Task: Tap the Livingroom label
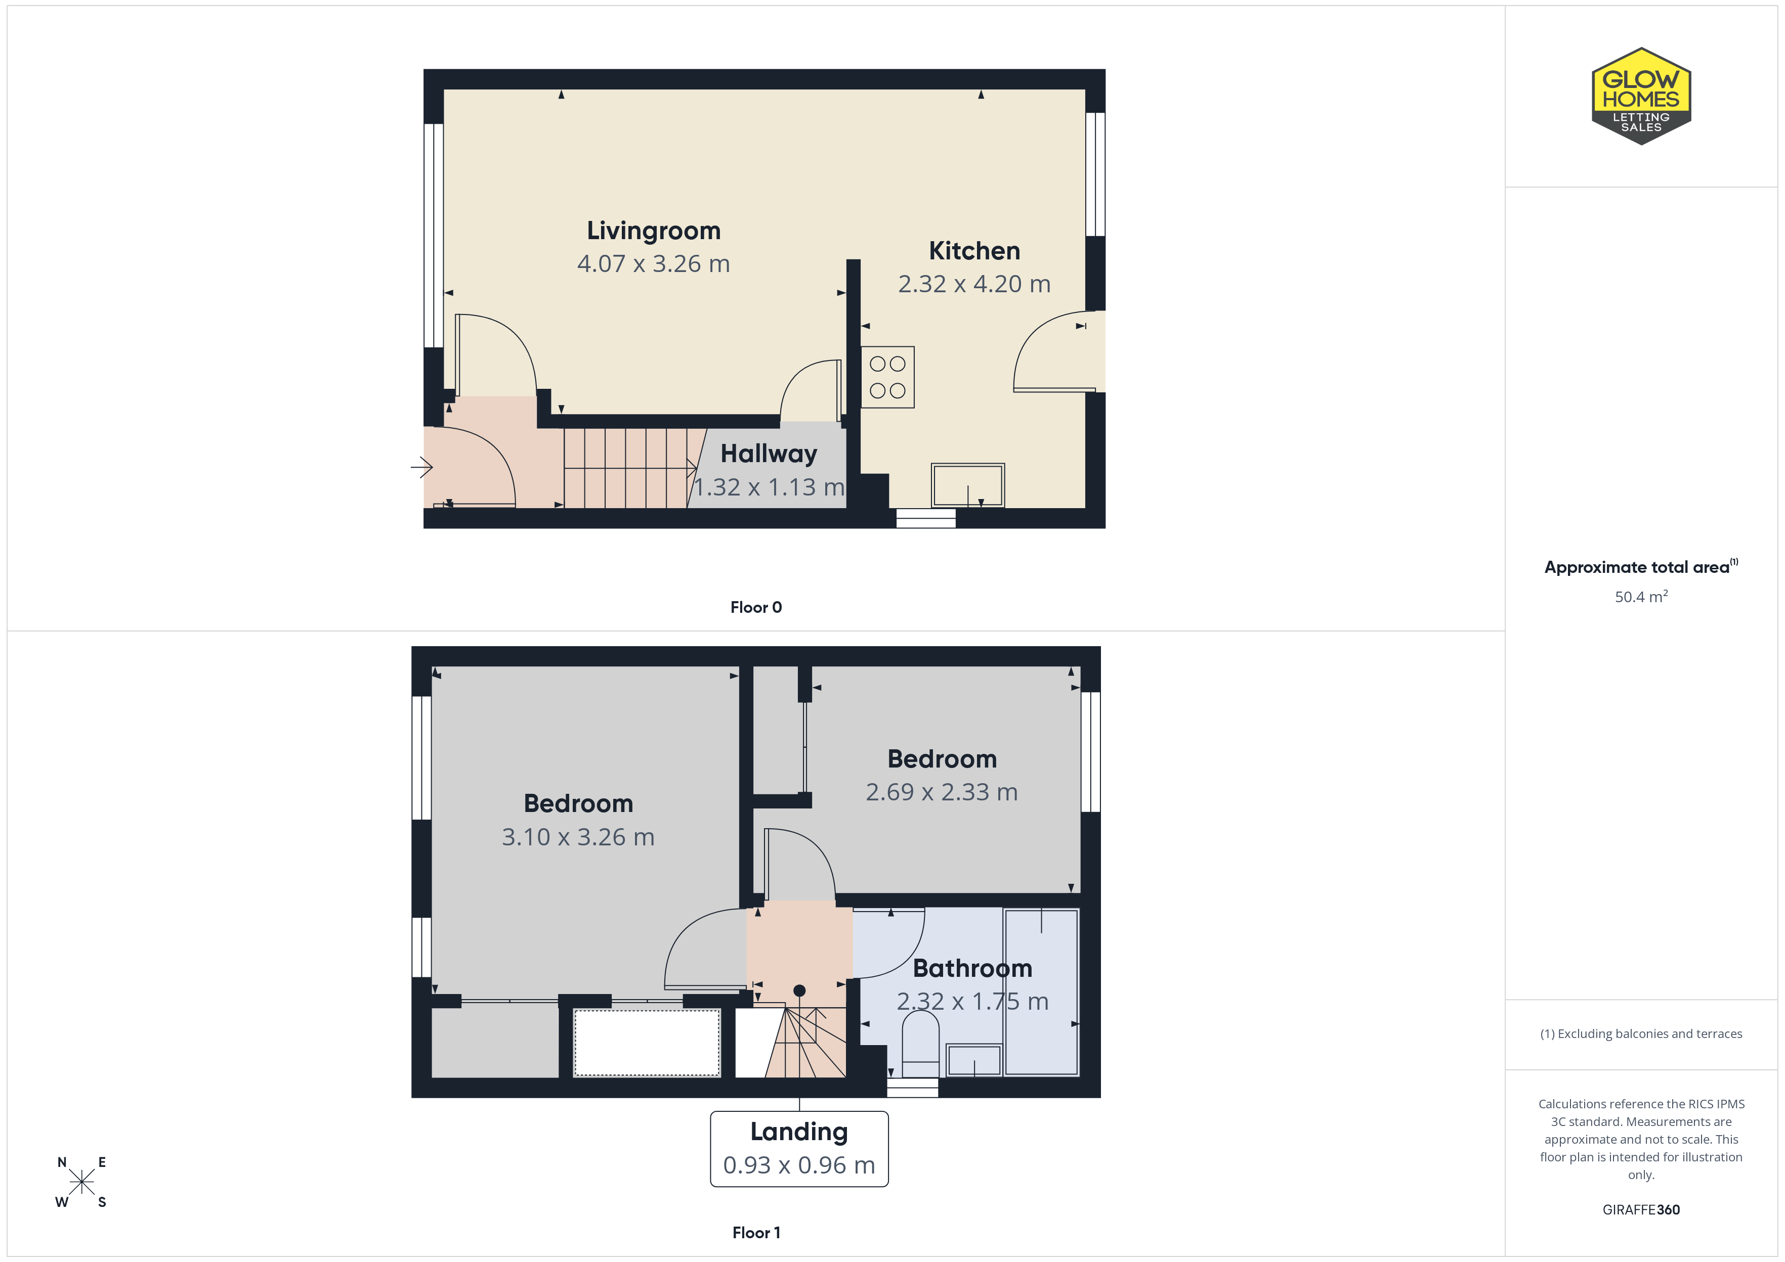[x=654, y=231]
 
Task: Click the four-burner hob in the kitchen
[x=887, y=377]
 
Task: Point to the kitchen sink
[x=968, y=485]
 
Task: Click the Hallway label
[x=769, y=454]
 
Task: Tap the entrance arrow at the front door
[x=421, y=467]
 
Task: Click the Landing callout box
[x=799, y=1149]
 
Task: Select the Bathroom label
[x=972, y=968]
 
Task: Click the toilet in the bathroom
[x=920, y=1043]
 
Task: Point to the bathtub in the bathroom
[x=1041, y=993]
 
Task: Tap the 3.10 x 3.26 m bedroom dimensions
[x=578, y=837]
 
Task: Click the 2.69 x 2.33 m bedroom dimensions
[x=942, y=792]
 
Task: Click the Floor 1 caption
[x=756, y=1233]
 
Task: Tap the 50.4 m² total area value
[x=1641, y=597]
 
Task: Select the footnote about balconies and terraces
[x=1641, y=1033]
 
